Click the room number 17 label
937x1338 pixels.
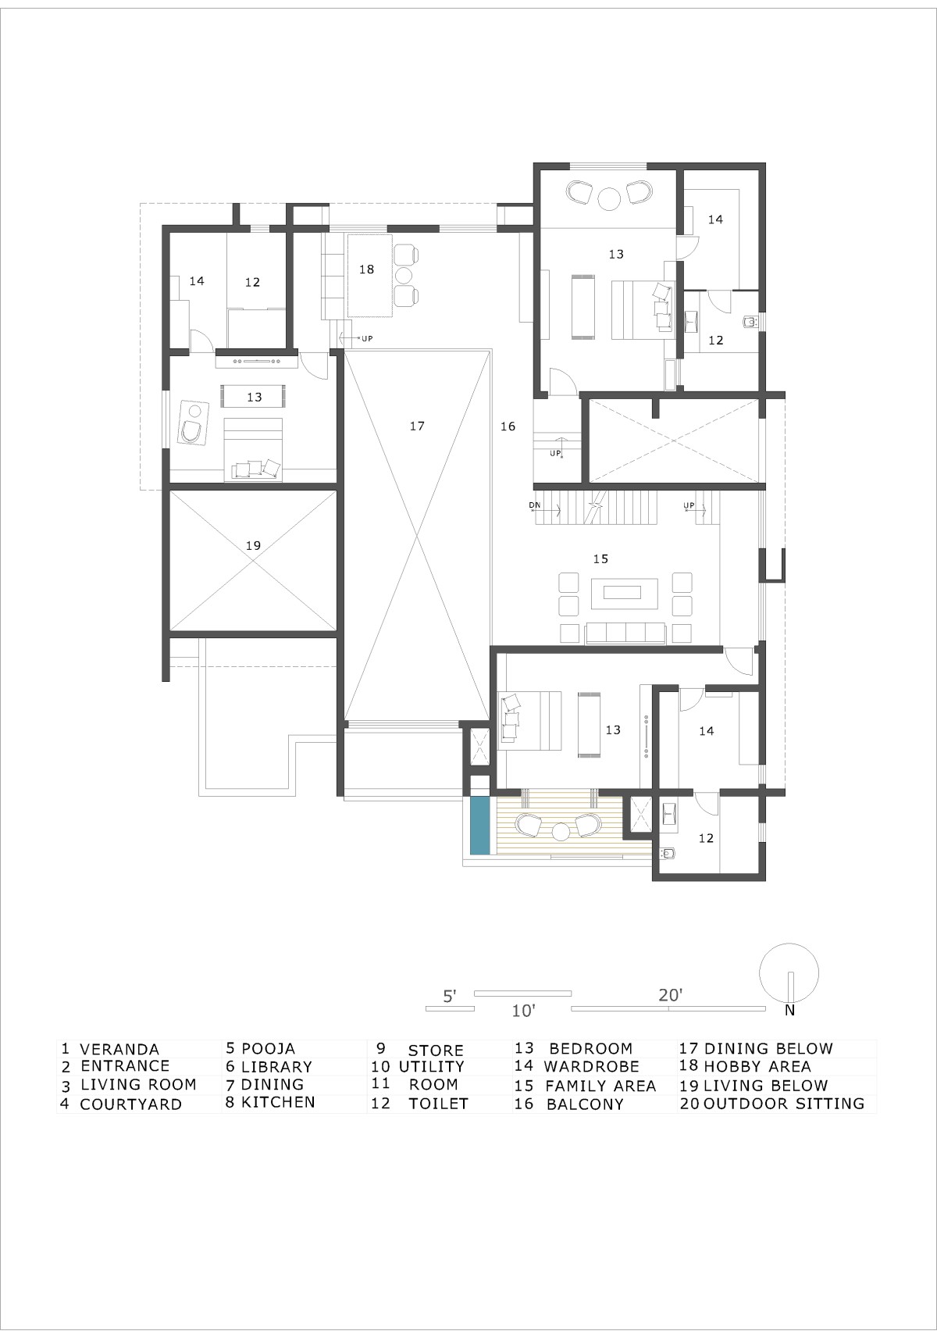417,426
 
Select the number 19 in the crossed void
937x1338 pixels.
253,545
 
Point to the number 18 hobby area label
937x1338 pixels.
367,269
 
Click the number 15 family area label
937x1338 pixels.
600,558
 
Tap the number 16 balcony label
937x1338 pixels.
508,426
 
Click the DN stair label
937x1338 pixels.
534,505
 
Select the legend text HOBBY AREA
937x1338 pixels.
757,1066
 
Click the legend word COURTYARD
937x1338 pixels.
130,1104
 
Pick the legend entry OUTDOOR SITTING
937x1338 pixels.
783,1103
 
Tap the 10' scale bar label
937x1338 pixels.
523,1011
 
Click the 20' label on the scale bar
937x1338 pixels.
670,995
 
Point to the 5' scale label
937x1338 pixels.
450,996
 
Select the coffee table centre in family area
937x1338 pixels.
622,592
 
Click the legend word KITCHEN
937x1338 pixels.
278,1102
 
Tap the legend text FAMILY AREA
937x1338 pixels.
600,1086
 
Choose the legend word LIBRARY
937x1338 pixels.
276,1067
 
